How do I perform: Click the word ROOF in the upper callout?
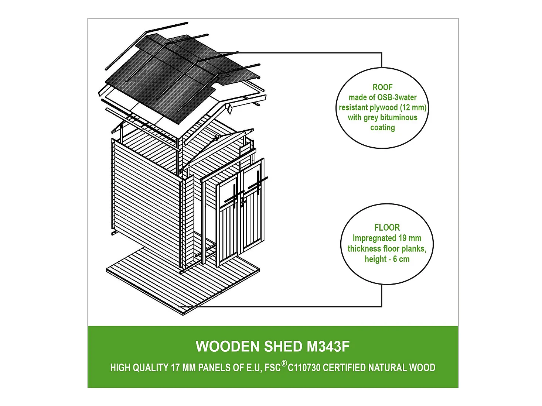382,87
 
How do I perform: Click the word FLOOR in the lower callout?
387,227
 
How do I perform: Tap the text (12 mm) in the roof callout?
413,107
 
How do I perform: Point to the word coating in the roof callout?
382,128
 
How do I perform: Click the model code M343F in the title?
328,347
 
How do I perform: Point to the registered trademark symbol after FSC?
284,364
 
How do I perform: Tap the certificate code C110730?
304,368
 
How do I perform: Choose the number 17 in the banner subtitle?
175,368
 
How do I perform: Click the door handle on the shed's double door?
242,202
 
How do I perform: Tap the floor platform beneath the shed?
148,281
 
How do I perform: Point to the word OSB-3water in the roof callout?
396,97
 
